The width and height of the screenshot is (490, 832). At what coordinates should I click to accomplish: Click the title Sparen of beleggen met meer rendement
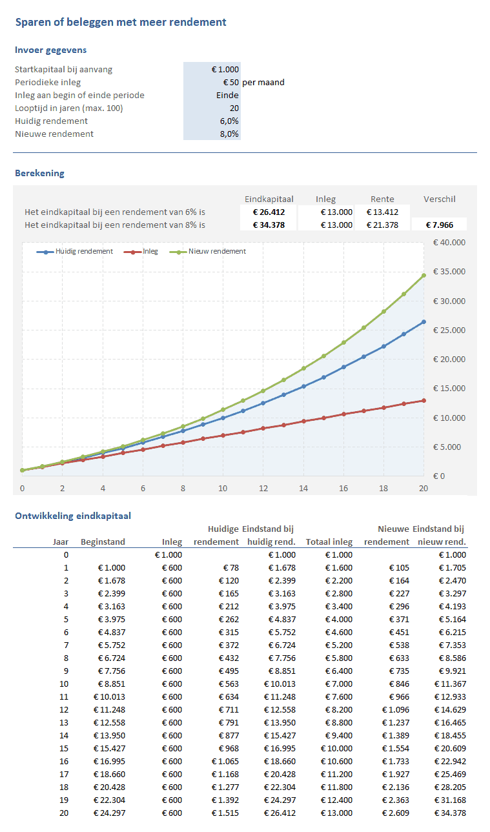pyautogui.click(x=121, y=23)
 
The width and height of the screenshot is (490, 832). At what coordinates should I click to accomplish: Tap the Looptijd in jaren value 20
pyautogui.click(x=234, y=108)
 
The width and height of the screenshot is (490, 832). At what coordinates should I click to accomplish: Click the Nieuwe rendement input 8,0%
pyautogui.click(x=229, y=134)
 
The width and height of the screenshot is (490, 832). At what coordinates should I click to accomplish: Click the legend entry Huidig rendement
pyautogui.click(x=84, y=251)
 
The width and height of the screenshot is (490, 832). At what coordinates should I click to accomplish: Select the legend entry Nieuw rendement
pyautogui.click(x=217, y=251)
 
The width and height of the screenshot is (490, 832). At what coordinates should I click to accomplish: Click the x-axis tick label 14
pyautogui.click(x=303, y=489)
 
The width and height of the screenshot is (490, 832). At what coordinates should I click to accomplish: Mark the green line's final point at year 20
pyautogui.click(x=424, y=275)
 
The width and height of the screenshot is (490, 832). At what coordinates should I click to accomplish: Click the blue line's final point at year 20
pyautogui.click(x=424, y=321)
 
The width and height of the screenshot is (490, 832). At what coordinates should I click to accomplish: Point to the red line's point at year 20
pyautogui.click(x=424, y=400)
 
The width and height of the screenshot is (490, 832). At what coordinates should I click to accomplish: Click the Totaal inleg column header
pyautogui.click(x=329, y=542)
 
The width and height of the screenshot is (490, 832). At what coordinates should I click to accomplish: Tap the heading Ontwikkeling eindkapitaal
pyautogui.click(x=72, y=515)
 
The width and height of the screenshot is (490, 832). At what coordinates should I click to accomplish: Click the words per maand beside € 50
pyautogui.click(x=263, y=83)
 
